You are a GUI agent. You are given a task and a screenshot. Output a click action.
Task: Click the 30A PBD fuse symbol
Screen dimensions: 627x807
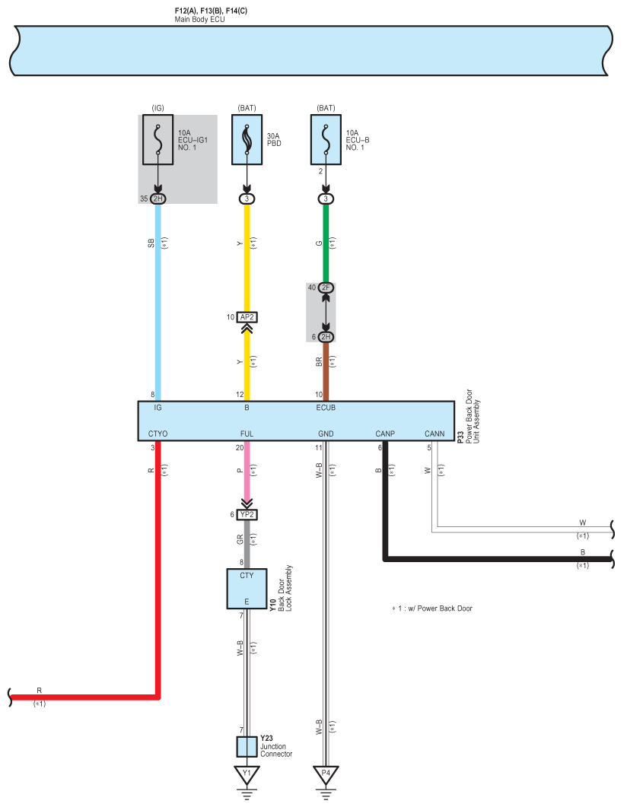point(247,139)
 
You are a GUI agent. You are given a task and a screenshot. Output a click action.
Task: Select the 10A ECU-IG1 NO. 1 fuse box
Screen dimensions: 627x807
point(158,139)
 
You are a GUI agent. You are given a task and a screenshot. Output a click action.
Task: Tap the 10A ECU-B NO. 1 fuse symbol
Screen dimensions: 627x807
point(326,139)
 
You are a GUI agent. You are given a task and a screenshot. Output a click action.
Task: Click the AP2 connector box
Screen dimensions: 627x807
point(247,317)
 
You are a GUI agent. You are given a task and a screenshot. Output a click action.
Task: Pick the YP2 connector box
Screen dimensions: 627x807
point(247,515)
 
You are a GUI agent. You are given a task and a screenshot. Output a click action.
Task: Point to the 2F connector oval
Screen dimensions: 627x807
point(326,288)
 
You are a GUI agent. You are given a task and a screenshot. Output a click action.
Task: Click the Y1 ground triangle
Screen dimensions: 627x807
point(247,774)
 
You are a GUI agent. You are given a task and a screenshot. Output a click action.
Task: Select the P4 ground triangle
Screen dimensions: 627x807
point(326,774)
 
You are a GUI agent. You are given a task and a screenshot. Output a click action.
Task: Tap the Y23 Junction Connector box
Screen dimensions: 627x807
point(247,747)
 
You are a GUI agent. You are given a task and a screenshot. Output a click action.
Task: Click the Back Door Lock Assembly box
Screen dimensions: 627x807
point(247,589)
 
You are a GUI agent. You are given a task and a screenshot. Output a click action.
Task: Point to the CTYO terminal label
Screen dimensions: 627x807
point(158,434)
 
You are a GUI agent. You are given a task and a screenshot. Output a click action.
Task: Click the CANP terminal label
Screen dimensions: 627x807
point(385,434)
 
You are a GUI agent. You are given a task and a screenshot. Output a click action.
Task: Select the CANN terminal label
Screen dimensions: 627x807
point(434,434)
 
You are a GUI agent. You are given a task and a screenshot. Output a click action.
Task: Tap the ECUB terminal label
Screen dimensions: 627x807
point(326,408)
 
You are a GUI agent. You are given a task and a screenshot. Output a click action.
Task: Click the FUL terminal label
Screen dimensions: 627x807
point(247,434)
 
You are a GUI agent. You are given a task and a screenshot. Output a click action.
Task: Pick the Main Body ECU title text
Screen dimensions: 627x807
point(199,20)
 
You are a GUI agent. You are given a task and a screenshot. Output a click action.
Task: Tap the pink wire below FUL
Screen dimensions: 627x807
point(247,470)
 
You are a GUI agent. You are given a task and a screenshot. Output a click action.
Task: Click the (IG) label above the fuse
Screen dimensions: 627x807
point(158,108)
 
